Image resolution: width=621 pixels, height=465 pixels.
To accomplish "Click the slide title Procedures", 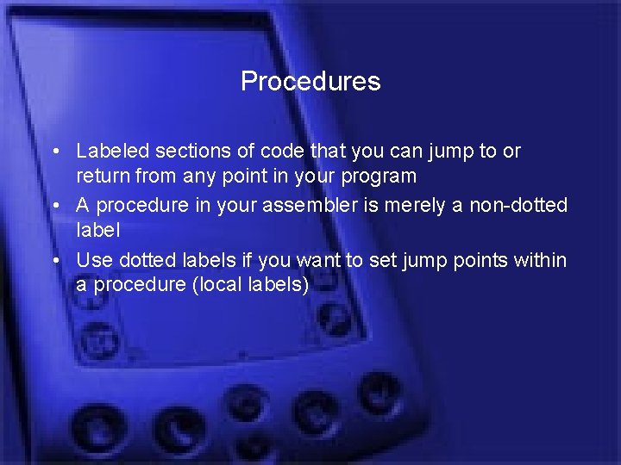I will tap(310, 81).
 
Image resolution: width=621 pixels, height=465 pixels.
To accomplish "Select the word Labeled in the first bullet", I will tap(107, 151).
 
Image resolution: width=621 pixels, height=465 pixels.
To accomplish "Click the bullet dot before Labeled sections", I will tap(54, 152).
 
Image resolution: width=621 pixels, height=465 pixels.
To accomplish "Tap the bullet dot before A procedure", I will tap(54, 206).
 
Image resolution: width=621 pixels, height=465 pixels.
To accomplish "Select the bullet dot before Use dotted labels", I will tap(54, 260).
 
